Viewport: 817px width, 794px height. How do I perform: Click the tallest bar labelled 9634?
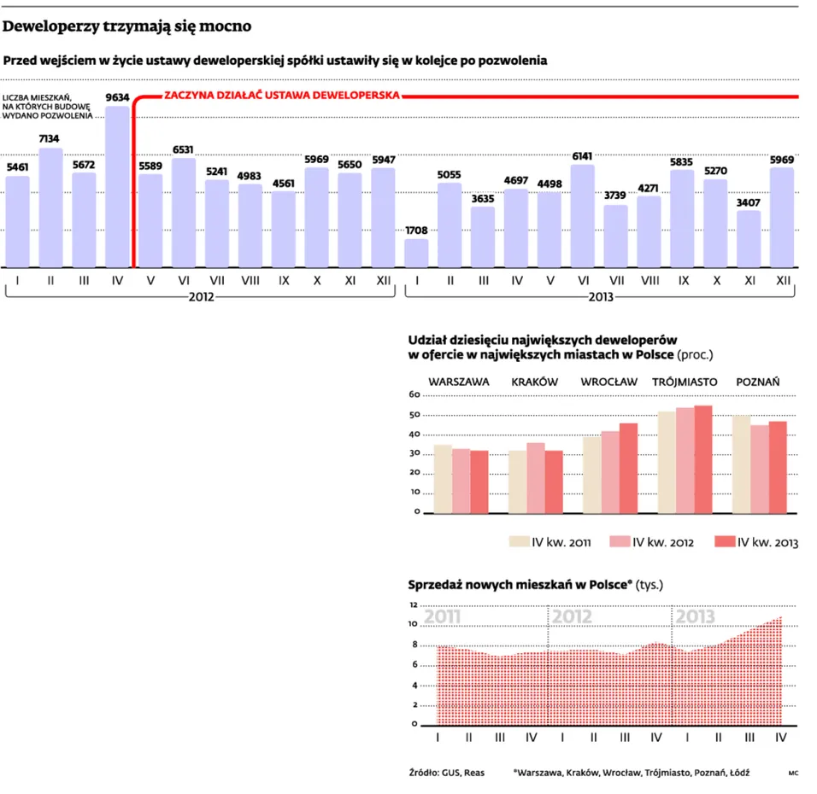coord(117,186)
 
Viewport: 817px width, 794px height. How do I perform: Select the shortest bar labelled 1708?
coord(416,253)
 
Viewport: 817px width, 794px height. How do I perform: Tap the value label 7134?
coord(50,139)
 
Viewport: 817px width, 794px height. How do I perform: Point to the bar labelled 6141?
coord(582,216)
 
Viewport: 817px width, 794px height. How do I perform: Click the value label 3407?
coord(749,202)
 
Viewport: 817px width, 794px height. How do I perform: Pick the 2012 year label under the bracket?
coord(200,297)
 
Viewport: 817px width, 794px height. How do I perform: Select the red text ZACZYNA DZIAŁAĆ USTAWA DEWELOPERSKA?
coord(281,96)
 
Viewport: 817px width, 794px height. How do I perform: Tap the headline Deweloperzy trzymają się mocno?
coord(127,26)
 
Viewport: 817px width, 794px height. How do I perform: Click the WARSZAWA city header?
coord(459,382)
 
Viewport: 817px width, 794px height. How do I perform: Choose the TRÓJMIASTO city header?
coord(685,382)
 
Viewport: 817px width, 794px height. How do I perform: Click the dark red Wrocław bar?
coord(628,468)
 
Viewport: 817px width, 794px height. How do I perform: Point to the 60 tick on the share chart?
coord(414,395)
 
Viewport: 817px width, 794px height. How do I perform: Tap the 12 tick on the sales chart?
coord(414,605)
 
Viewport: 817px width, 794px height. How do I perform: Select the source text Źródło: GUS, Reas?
coord(447,773)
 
